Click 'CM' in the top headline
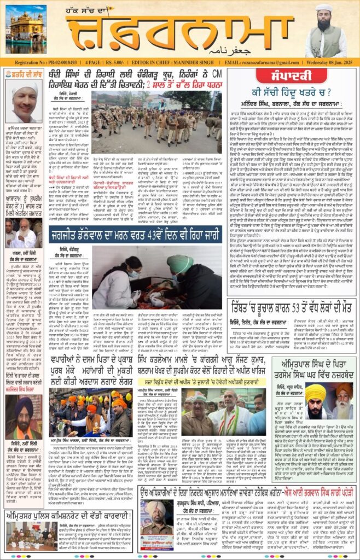[x=218, y=75]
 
